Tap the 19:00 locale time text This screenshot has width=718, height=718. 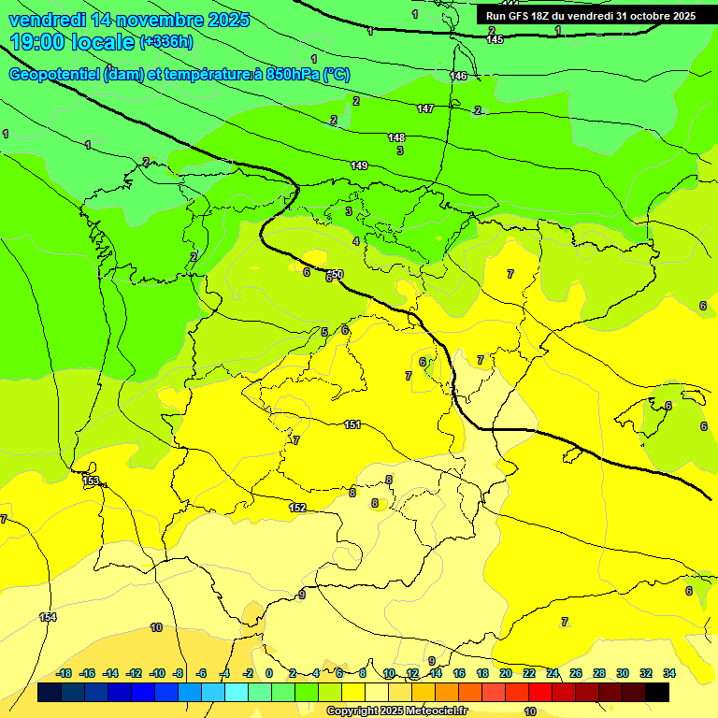point(72,42)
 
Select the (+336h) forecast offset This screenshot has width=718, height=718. point(166,42)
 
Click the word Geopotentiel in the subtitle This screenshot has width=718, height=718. point(54,75)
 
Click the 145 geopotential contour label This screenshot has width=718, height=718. point(495,39)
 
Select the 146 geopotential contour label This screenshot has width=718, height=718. point(458,76)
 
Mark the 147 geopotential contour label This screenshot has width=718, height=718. point(425,109)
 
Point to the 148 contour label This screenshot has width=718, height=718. point(396,137)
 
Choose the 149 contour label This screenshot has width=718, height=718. point(359,165)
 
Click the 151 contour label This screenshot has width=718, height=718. point(352,424)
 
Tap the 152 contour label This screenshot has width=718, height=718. point(297,508)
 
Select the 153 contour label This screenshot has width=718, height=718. point(91,481)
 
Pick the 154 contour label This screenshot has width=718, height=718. point(48,617)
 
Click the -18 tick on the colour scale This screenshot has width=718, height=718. point(64,673)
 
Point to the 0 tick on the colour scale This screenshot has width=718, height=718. point(269,673)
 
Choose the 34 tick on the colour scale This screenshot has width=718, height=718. point(668,673)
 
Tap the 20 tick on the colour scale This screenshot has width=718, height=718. point(505,673)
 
